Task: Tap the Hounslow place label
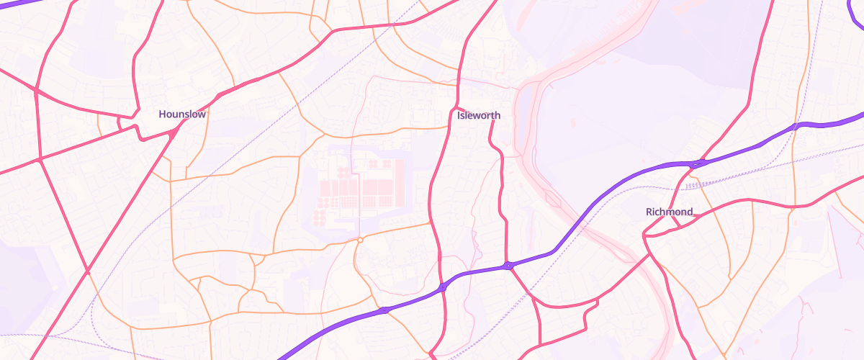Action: (x=182, y=114)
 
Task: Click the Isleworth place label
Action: (x=478, y=115)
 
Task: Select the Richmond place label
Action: (x=670, y=212)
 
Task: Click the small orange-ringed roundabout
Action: (x=359, y=239)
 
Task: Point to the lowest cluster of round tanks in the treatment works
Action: (x=320, y=217)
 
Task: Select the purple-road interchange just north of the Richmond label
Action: (x=696, y=164)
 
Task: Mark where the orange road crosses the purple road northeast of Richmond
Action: (x=795, y=127)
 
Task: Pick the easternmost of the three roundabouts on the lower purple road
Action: (x=508, y=266)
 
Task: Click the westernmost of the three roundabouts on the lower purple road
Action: (x=384, y=310)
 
